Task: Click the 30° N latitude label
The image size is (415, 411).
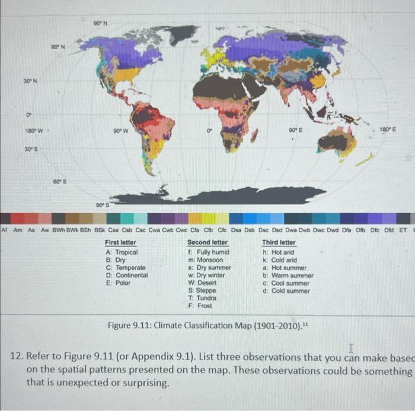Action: point(31,81)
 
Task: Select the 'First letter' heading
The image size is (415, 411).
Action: point(120,243)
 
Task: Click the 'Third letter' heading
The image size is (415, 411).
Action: point(279,243)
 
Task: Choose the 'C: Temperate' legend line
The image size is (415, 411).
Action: point(126,268)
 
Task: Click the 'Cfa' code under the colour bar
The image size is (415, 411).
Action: point(193,230)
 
